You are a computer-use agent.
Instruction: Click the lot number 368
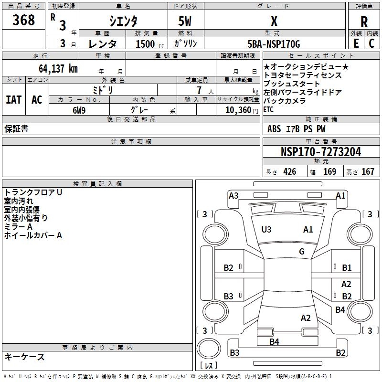tap(24, 20)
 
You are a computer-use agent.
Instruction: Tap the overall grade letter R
tap(364, 21)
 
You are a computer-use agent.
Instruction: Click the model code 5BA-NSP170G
tap(274, 44)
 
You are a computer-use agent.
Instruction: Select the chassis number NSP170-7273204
tap(321, 152)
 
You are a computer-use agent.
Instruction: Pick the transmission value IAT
tap(14, 100)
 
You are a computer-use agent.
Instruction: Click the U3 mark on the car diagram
tap(266, 230)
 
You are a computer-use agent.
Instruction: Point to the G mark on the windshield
tap(302, 252)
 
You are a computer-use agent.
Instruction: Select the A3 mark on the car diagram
tap(233, 195)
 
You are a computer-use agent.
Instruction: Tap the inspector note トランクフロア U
tap(33, 192)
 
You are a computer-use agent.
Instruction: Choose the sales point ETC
tap(268, 109)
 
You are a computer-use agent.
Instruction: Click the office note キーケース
tap(25, 357)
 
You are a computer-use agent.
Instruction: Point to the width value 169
tap(329, 172)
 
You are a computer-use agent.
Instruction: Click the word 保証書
tap(16, 129)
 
